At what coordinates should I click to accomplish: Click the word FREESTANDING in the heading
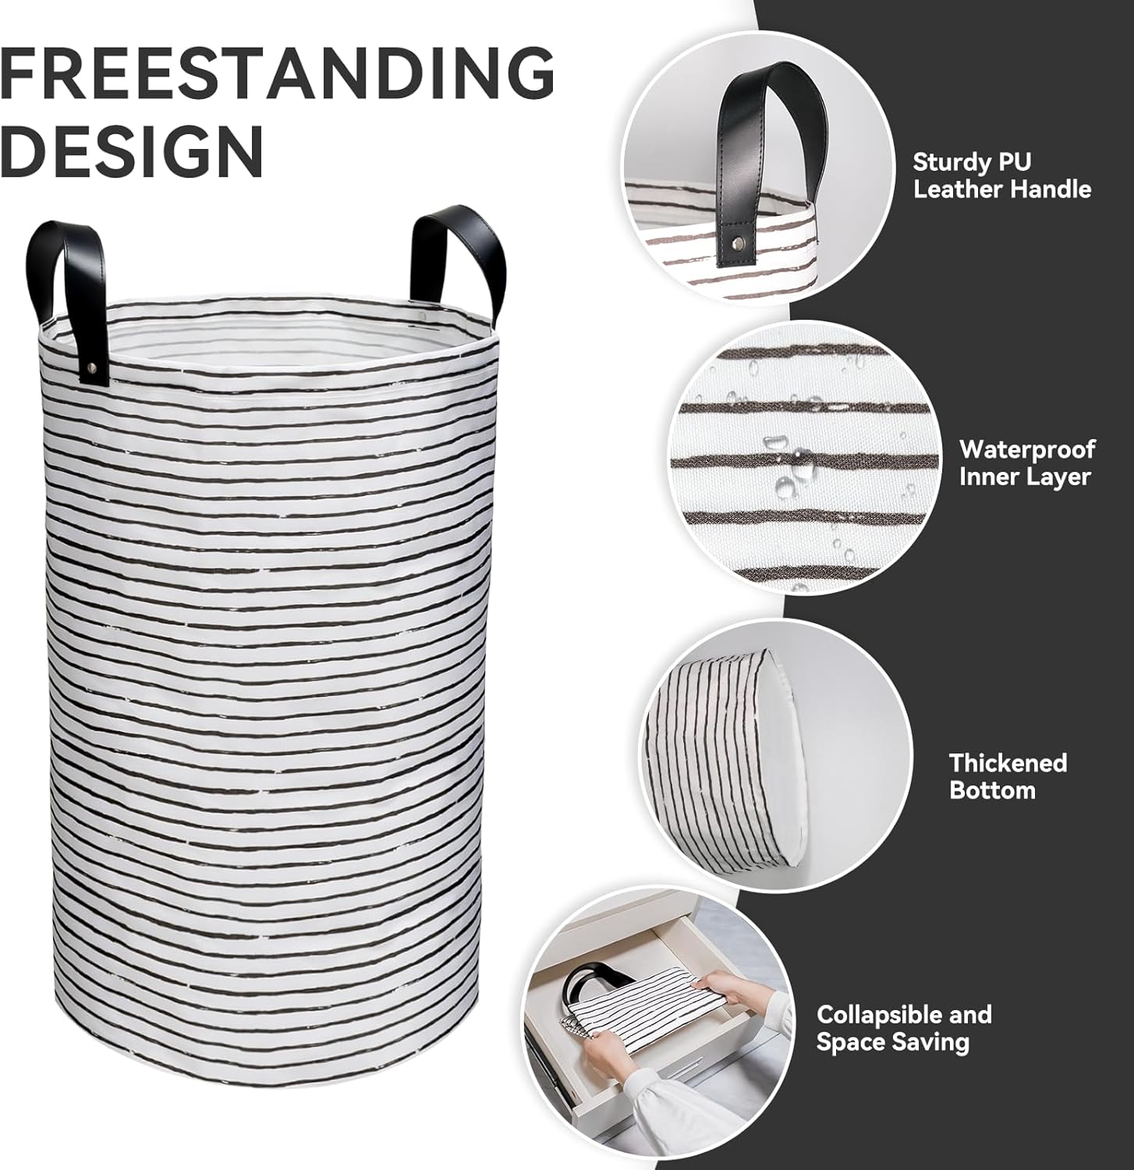click(x=277, y=73)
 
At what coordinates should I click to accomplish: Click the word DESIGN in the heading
click(x=131, y=151)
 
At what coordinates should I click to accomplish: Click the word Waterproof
click(x=1027, y=450)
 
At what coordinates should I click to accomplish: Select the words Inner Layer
click(x=1025, y=477)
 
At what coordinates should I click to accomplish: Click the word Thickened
click(x=1008, y=762)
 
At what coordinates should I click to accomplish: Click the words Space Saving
click(x=892, y=1042)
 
